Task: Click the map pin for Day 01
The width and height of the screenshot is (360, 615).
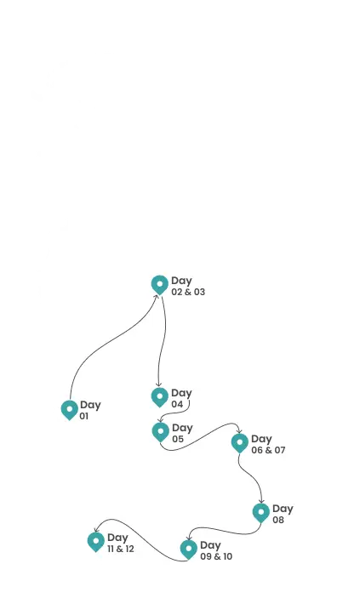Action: click(70, 410)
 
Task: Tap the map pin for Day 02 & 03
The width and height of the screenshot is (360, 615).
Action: click(160, 285)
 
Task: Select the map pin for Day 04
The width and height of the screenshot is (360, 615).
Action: click(160, 397)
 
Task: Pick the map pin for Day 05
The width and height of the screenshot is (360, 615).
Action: click(161, 432)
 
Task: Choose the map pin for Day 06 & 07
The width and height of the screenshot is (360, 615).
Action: click(240, 443)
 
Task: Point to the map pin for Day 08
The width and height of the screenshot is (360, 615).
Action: click(261, 513)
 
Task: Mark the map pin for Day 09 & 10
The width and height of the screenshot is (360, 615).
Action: click(189, 550)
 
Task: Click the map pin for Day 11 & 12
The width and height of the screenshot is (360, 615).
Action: click(96, 542)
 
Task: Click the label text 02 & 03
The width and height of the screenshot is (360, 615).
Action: click(188, 292)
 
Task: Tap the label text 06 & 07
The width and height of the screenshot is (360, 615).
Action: click(268, 450)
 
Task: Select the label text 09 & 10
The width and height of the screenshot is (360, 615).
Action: click(216, 556)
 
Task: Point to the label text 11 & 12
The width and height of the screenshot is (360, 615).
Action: click(121, 549)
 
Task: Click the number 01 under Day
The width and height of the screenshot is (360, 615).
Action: click(84, 416)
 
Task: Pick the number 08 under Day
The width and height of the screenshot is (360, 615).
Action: click(278, 520)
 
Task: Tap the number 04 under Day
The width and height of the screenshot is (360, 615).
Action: click(178, 404)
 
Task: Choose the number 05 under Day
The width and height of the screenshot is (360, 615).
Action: click(178, 439)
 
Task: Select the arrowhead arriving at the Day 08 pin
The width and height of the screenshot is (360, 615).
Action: click(261, 501)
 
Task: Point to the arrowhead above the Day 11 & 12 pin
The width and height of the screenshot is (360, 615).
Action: click(96, 529)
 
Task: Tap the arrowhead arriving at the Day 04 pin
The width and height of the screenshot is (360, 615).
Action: click(158, 384)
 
